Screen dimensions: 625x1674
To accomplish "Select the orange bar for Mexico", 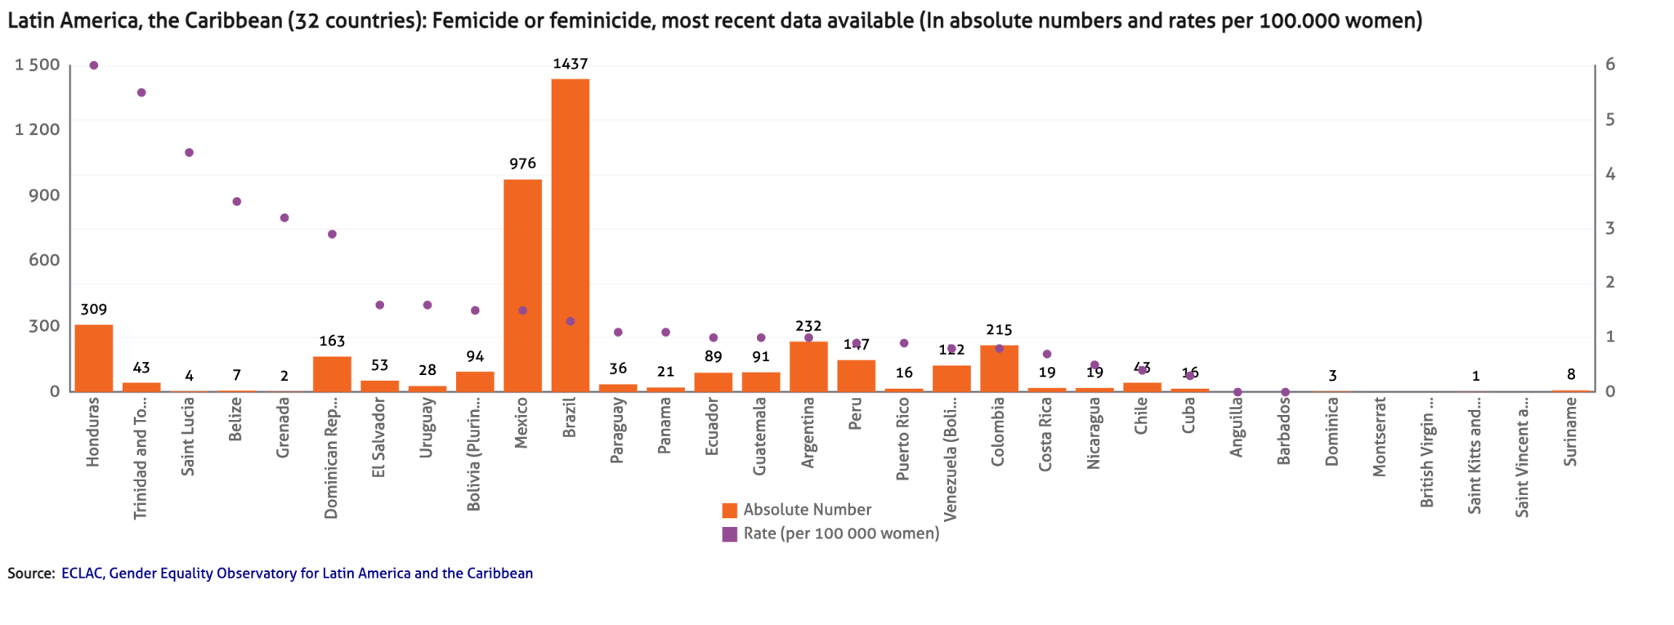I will click(x=522, y=285).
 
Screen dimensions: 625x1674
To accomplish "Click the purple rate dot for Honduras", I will click(x=93, y=65).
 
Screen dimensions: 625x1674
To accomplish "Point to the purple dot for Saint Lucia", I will click(x=189, y=153).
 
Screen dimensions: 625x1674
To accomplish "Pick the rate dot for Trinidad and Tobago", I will click(x=141, y=93).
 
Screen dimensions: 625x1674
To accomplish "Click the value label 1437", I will click(x=570, y=64).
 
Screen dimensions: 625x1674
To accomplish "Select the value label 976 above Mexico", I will click(x=522, y=164).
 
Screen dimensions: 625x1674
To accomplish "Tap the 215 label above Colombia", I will click(x=999, y=330).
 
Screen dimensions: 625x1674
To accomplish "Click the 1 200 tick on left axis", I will click(x=38, y=129).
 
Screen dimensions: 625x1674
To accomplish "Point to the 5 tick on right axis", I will click(x=1609, y=119).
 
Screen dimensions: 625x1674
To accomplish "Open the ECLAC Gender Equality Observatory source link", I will click(x=297, y=574).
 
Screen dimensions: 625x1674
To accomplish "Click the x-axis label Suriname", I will click(x=1570, y=431).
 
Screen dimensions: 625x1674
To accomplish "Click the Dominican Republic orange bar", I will click(x=332, y=374).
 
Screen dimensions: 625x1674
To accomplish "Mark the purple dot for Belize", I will click(x=236, y=202).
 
